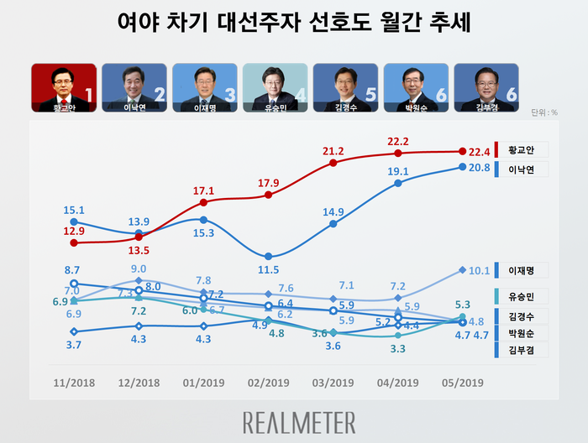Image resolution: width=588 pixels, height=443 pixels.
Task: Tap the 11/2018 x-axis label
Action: [75, 383]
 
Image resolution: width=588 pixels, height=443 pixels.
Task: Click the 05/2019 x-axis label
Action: [463, 383]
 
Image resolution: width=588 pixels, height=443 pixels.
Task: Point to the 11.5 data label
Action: [269, 269]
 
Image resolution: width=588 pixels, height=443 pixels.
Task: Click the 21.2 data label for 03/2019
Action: [333, 151]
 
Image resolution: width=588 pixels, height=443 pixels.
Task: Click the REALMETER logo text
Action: [298, 421]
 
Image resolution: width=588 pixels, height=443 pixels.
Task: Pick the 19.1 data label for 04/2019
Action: [397, 171]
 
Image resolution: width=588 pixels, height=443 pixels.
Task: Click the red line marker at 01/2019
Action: [204, 202]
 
